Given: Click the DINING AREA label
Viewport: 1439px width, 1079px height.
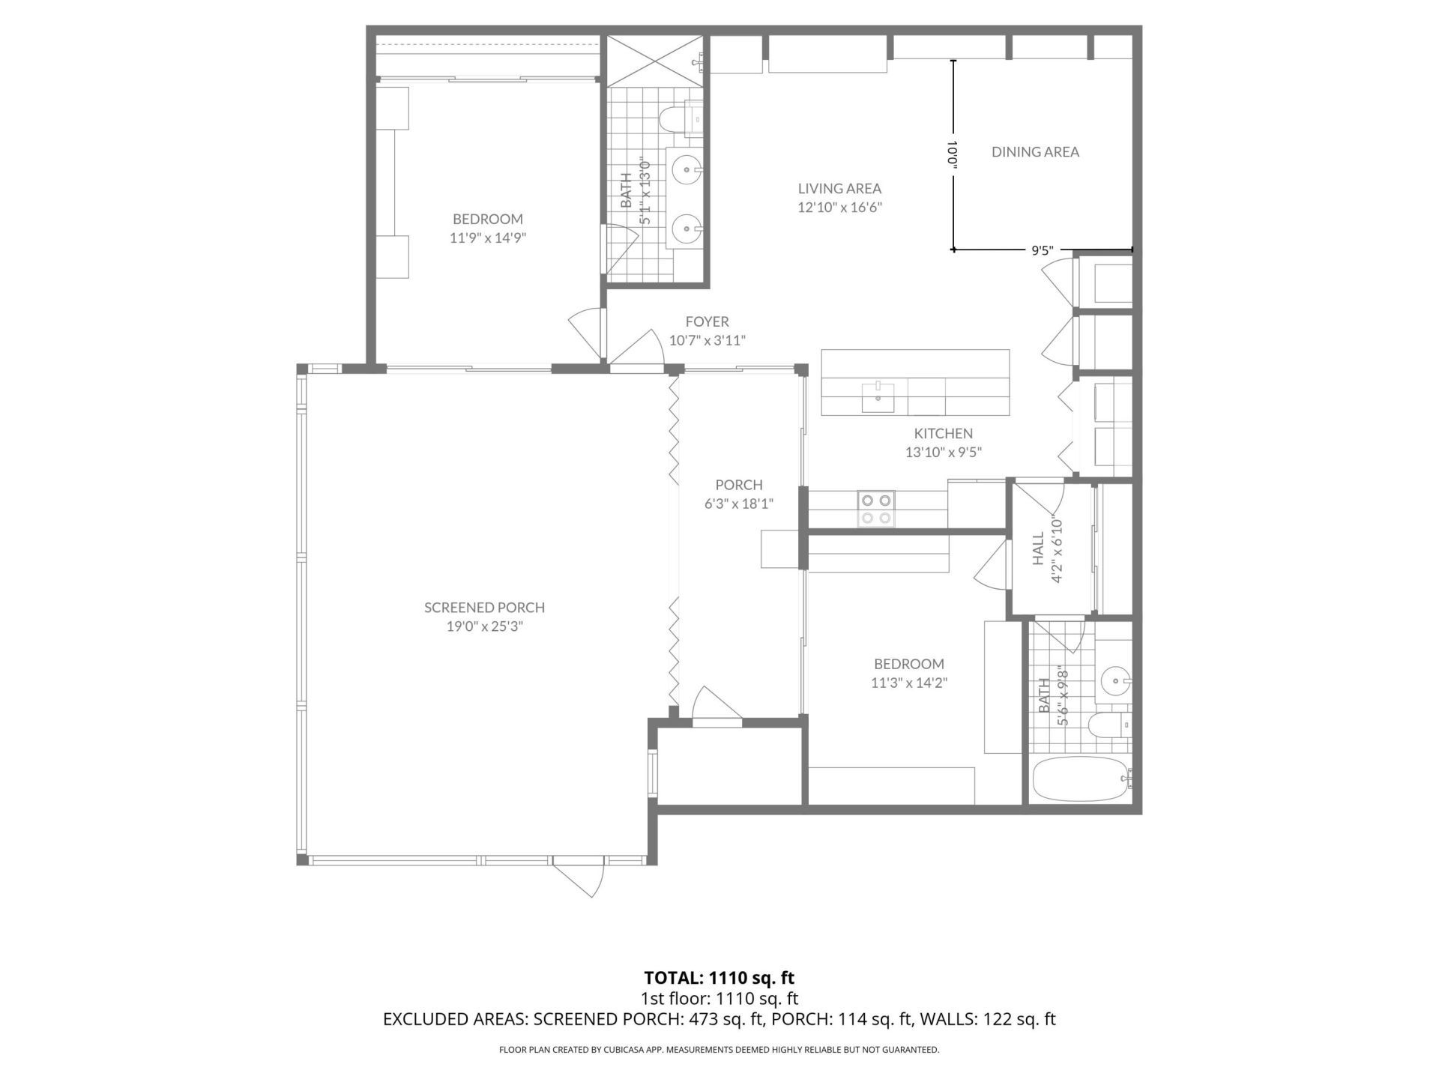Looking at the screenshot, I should click(x=1035, y=152).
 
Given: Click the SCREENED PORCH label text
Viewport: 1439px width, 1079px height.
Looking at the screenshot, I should click(x=484, y=608).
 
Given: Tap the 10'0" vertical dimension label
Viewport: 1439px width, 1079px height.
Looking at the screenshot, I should click(x=953, y=156).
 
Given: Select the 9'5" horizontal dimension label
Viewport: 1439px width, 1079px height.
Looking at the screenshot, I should click(x=1042, y=252).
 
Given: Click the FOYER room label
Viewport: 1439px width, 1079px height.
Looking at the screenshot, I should click(x=707, y=322).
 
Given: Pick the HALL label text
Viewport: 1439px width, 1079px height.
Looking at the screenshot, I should click(x=1038, y=548).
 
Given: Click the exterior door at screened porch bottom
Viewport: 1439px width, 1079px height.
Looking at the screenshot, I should click(x=579, y=875).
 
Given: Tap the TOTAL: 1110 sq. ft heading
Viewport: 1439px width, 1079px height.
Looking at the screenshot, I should click(x=719, y=978).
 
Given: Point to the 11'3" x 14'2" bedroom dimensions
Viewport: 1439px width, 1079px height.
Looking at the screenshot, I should click(x=908, y=683).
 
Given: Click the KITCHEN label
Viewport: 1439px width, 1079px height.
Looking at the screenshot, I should click(x=943, y=433).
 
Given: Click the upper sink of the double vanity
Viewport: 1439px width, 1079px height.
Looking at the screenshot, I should click(x=685, y=170).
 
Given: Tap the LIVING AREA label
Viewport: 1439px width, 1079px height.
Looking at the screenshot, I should click(x=839, y=189).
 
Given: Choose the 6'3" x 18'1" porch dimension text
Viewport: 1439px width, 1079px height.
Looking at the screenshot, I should click(x=738, y=504).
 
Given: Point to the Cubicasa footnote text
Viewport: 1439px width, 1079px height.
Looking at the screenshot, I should click(x=719, y=1050).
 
